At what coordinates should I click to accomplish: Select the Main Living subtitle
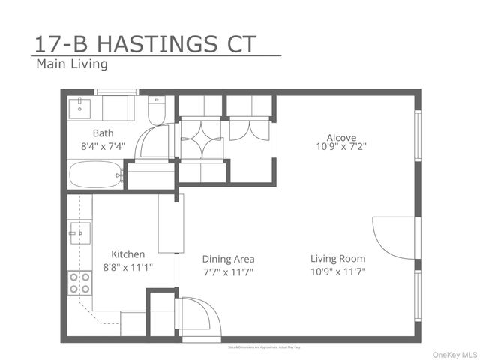(72, 64)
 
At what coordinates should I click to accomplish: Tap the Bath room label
(103, 133)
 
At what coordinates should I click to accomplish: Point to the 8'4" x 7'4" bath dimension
(103, 147)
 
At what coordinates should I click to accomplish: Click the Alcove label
(341, 137)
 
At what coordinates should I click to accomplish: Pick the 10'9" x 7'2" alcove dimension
(341, 148)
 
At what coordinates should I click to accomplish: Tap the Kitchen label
(128, 254)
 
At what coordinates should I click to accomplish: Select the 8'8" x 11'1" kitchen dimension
(128, 268)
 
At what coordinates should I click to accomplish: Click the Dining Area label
(228, 259)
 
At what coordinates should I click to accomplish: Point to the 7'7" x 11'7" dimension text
(228, 271)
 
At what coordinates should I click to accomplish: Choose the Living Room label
(338, 259)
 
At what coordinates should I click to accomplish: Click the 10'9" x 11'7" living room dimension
(338, 271)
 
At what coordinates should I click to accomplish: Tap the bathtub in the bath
(96, 176)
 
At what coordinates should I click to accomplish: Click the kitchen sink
(79, 233)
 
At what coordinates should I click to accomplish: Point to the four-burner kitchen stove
(79, 283)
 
